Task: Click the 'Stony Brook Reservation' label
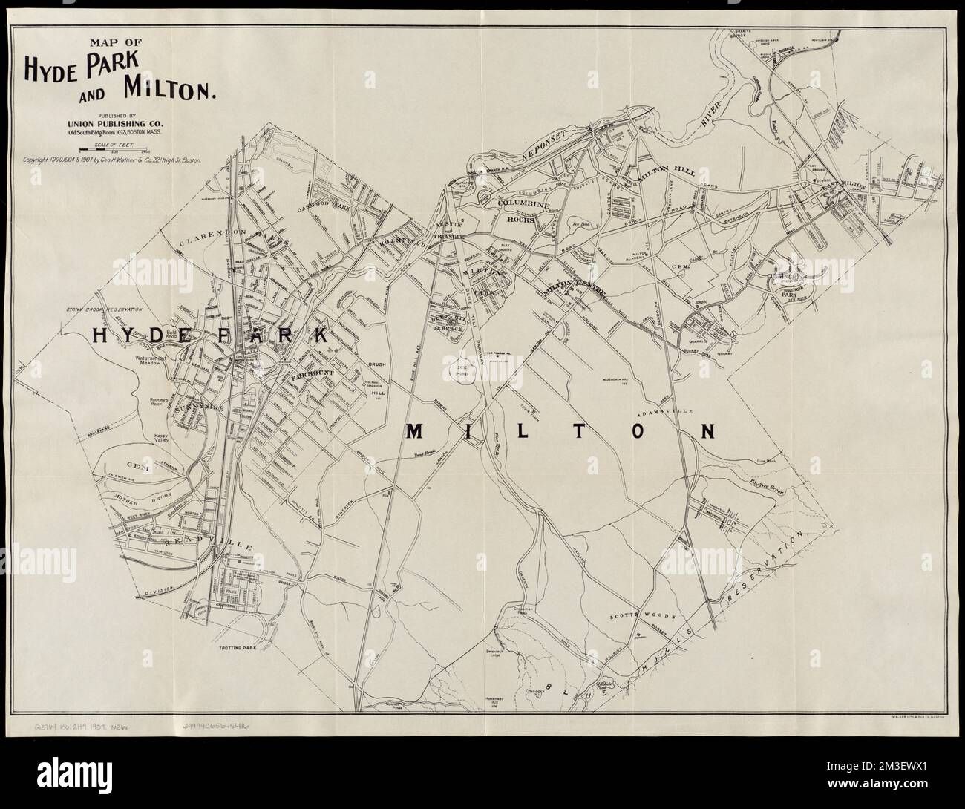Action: (x=103, y=307)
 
